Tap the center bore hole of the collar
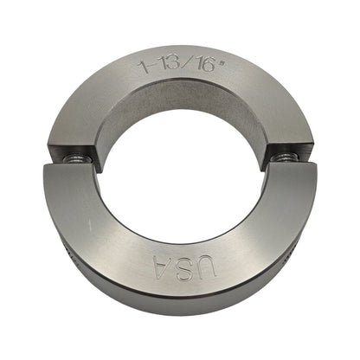180,173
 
